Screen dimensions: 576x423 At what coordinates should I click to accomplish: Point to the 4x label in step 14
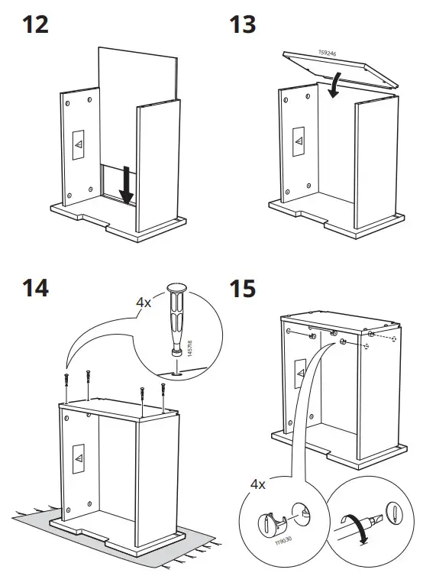tap(144, 303)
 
